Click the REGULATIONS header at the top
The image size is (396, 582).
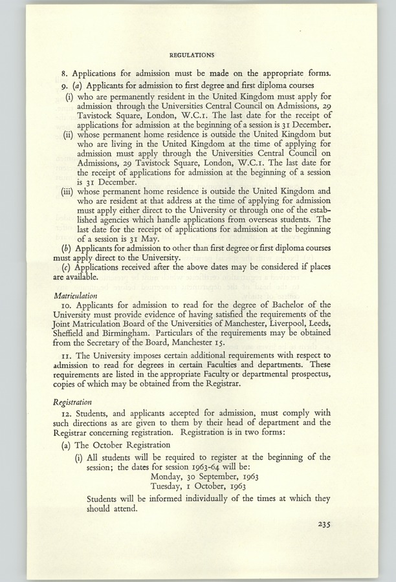pyautogui.click(x=192, y=56)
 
